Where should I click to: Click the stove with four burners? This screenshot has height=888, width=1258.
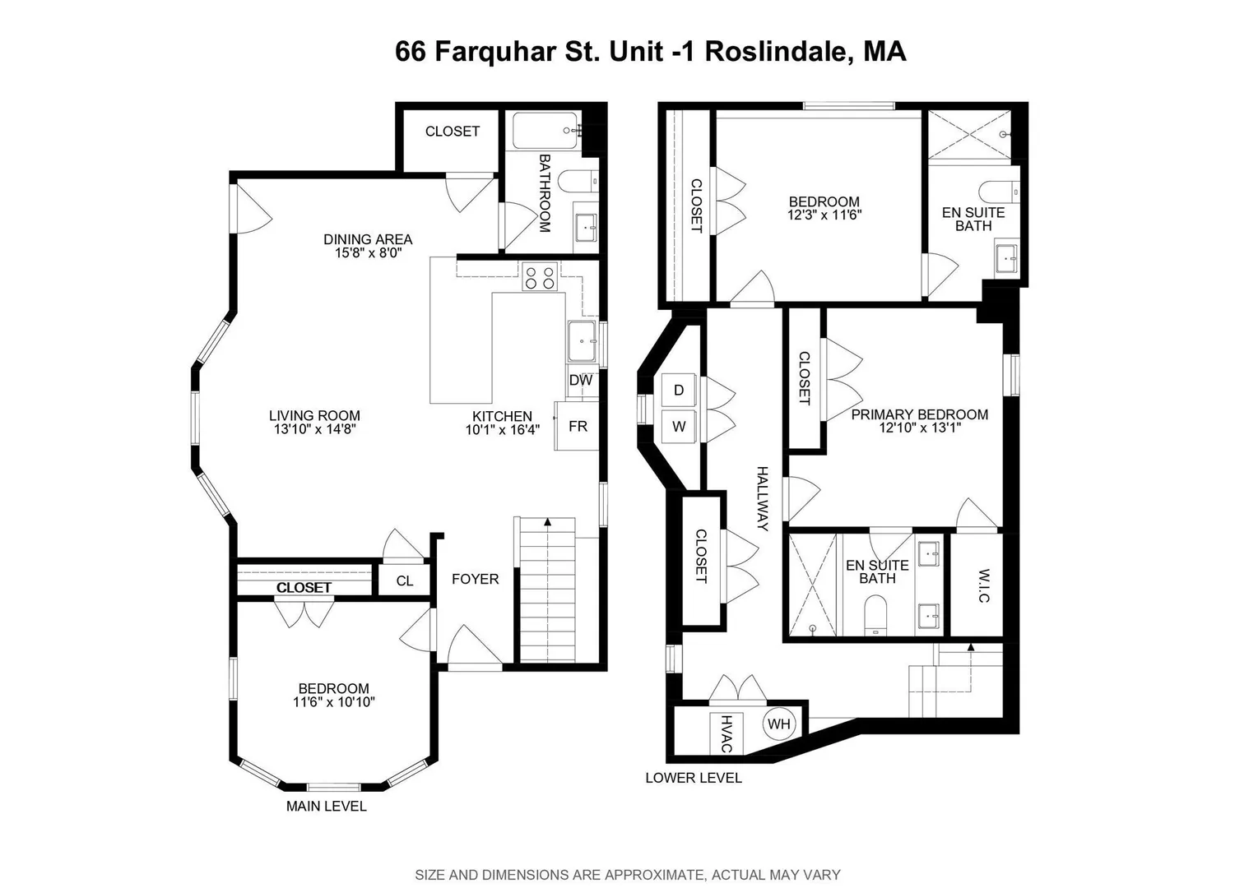[x=540, y=276]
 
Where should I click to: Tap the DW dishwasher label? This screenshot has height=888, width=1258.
[x=581, y=380]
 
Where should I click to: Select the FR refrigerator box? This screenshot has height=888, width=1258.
[x=577, y=426]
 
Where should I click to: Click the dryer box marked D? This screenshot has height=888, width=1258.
[x=679, y=390]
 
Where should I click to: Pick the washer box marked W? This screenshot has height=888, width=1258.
[x=679, y=427]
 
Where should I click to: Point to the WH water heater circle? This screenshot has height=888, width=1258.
[x=779, y=724]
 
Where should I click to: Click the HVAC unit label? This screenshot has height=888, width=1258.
[x=726, y=734]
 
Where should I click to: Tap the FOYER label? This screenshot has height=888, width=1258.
[x=475, y=579]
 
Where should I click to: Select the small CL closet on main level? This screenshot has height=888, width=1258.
[x=404, y=580]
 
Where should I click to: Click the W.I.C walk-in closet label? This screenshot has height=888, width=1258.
[x=983, y=586]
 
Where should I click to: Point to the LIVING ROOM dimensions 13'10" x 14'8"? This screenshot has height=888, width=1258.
[x=314, y=429]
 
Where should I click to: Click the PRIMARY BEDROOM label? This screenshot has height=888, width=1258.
[x=920, y=414]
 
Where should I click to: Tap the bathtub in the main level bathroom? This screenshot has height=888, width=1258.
[x=545, y=130]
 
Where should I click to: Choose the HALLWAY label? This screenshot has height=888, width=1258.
[x=762, y=498]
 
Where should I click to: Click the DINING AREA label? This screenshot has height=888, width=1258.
[x=368, y=239]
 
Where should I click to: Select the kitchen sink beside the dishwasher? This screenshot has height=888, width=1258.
[x=581, y=341]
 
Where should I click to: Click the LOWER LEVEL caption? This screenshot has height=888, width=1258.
[x=694, y=778]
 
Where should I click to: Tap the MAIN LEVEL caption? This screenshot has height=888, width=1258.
[x=327, y=806]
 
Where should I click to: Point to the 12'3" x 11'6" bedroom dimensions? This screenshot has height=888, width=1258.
[x=824, y=215]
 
